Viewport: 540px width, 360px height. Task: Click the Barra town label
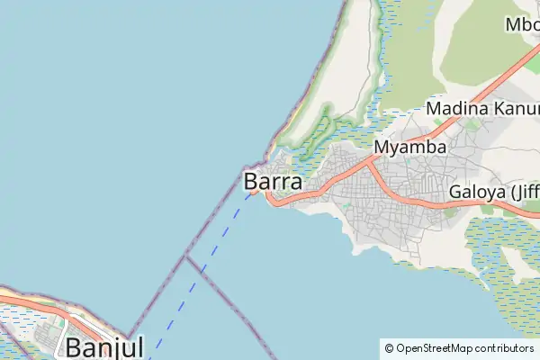pyautogui.click(x=273, y=181)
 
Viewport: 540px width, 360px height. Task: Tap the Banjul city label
pyautogui.click(x=104, y=347)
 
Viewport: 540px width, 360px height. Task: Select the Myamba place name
pyautogui.click(x=409, y=147)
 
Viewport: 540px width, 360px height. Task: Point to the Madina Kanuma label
pyautogui.click(x=482, y=109)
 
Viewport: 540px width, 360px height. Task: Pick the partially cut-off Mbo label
pyautogui.click(x=522, y=24)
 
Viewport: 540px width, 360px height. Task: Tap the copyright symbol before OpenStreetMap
pyautogui.click(x=389, y=347)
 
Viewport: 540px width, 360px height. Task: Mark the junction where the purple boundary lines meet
pyautogui.click(x=185, y=256)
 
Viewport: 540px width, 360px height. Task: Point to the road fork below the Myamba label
pyautogui.click(x=371, y=164)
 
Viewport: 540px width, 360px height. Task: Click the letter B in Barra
pyautogui.click(x=252, y=181)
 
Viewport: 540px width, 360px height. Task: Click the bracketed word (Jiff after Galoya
pyautogui.click(x=524, y=193)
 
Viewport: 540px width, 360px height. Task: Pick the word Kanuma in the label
pyautogui.click(x=510, y=109)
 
